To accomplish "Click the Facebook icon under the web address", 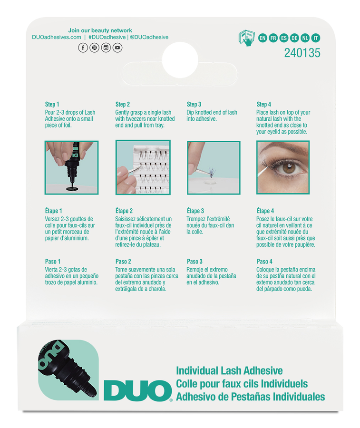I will click(x=83, y=48).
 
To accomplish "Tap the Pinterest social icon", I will click(x=94, y=48).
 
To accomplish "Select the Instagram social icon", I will click(x=106, y=48).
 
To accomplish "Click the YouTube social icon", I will click(x=117, y=48).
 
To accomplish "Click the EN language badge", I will click(x=263, y=38).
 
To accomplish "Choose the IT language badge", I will click(x=316, y=38).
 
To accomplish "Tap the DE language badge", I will click(x=294, y=38).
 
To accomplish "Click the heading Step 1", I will click(x=52, y=104).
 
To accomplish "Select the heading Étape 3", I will click(x=195, y=211).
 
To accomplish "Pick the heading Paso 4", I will click(x=264, y=261).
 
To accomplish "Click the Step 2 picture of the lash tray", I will click(x=143, y=167).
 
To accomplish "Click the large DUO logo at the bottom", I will click(x=137, y=390).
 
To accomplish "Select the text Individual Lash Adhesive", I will click(x=229, y=371).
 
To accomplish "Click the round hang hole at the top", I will click(x=180, y=60).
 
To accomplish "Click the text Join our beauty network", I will click(x=100, y=30).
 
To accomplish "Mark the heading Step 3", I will click(x=194, y=104).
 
